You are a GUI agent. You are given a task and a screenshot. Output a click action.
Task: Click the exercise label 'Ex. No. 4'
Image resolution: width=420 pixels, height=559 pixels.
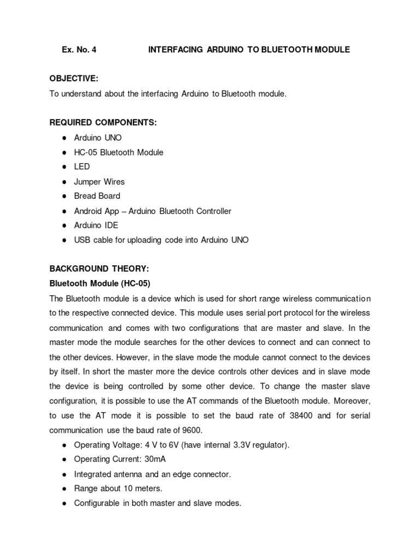(79, 50)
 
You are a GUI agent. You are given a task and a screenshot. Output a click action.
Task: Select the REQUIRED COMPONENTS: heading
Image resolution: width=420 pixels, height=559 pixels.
(103, 123)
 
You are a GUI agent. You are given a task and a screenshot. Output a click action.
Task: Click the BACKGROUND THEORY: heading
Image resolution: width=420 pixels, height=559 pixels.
(99, 269)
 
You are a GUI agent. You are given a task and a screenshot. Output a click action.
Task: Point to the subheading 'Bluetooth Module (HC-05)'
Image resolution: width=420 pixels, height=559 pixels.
(100, 283)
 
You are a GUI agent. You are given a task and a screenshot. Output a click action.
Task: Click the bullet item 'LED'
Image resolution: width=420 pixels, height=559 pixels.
(82, 166)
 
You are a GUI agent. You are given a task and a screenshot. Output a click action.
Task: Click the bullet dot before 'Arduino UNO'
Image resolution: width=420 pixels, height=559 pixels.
(65, 138)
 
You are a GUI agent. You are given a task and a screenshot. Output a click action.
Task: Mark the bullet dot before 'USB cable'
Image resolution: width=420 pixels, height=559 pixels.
(65, 240)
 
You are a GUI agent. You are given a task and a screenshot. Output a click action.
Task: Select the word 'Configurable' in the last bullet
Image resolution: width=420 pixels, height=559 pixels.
(96, 503)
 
